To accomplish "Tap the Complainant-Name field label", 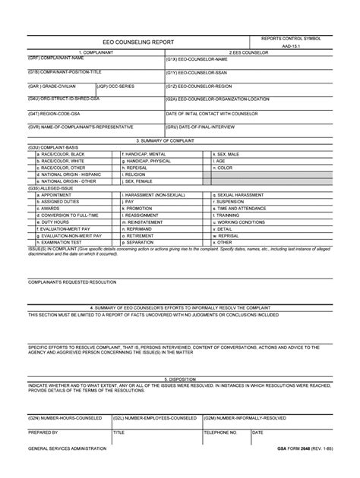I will tap(56, 58).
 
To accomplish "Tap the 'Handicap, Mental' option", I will tap(149, 154).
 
